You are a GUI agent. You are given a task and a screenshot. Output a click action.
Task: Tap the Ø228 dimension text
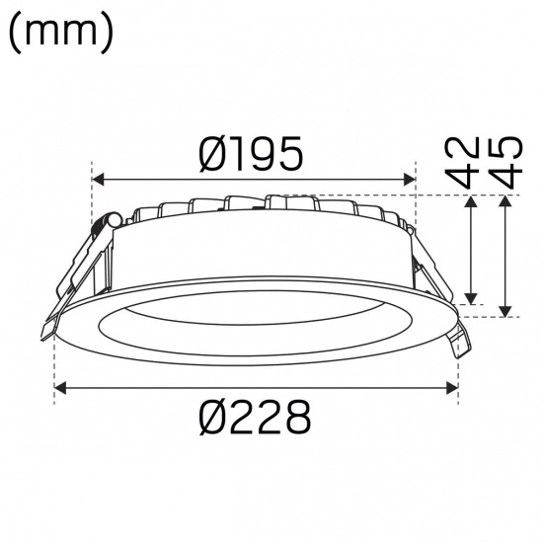[255, 419]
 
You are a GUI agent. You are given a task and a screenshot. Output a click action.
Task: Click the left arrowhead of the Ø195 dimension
[98, 180]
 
